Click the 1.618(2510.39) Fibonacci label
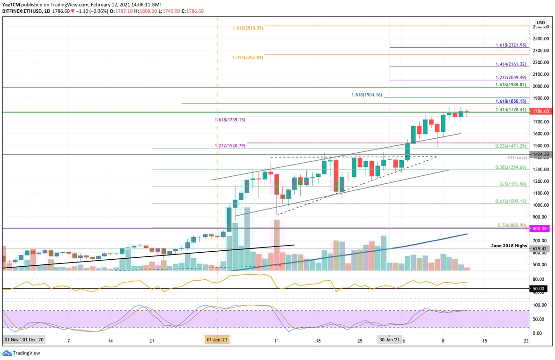pyautogui.click(x=248, y=28)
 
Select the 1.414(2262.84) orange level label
pyautogui.click(x=248, y=58)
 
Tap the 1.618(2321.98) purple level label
pyautogui.click(x=511, y=45)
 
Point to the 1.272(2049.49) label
pyautogui.click(x=511, y=77)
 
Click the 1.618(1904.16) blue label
pyautogui.click(x=367, y=95)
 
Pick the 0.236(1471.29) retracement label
pyautogui.click(x=511, y=146)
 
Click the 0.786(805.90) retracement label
pyautogui.click(x=512, y=225)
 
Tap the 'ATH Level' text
pyautogui.click(x=518, y=157)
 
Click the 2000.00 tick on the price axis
pyautogui.click(x=540, y=86)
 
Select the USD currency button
pyautogui.click(x=540, y=22)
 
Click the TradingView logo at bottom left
pyautogui.click(x=20, y=352)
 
